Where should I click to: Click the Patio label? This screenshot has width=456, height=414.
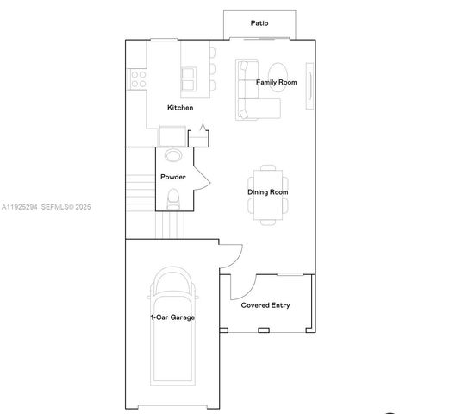point(259,23)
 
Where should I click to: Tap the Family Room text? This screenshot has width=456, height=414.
point(276,82)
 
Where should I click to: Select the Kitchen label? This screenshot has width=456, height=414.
point(180,108)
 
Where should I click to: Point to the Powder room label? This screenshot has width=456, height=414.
point(173,177)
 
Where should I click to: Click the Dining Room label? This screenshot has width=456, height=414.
point(267,192)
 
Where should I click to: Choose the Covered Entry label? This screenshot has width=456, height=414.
point(265,305)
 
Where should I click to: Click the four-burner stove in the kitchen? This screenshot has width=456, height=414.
point(137,79)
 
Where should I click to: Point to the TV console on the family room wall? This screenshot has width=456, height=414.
point(309,86)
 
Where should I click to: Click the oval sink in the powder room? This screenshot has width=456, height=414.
point(173,156)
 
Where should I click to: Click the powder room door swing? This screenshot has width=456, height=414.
point(203,175)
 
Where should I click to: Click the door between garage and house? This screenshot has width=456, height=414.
point(228,253)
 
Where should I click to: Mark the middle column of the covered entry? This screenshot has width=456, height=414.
point(264,330)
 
